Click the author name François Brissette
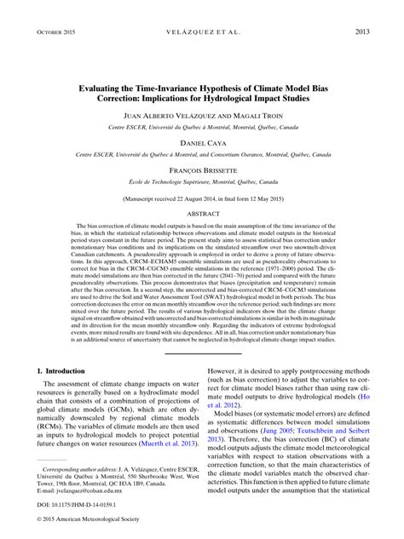click(202, 169)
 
